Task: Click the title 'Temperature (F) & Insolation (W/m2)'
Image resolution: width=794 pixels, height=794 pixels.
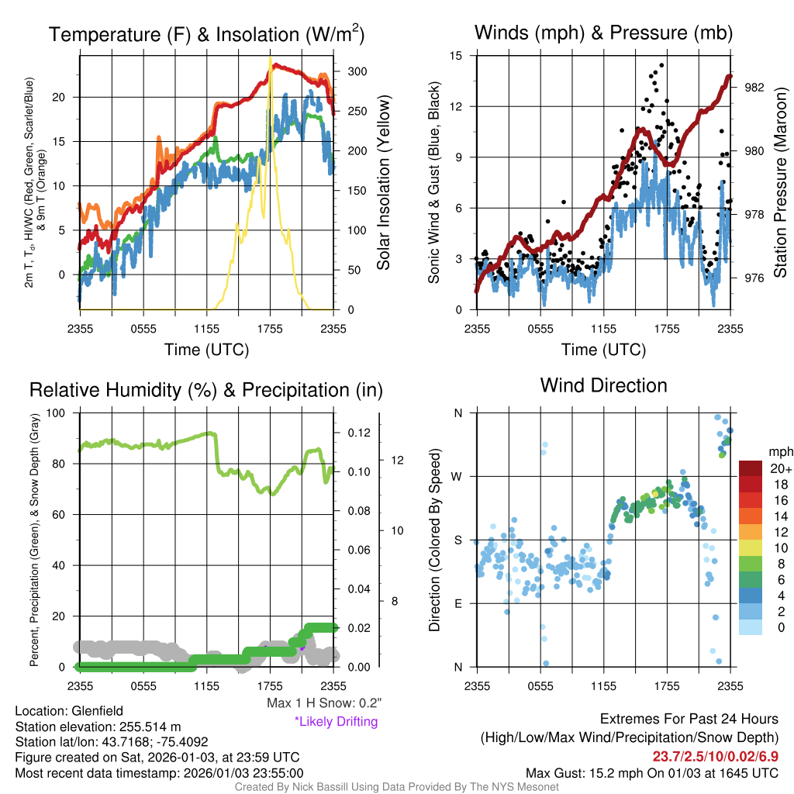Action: pos(206,34)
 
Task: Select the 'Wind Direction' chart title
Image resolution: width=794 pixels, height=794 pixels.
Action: pos(603,385)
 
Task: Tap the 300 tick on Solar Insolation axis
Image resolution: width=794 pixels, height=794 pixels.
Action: pos(357,71)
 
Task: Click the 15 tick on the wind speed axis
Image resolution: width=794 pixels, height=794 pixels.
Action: pos(455,56)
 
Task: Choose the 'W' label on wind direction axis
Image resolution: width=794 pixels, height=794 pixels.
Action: pos(457,476)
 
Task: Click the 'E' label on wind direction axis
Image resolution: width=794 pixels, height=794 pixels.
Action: pos(458,603)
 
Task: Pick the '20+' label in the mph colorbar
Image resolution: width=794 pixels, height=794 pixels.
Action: pos(780,468)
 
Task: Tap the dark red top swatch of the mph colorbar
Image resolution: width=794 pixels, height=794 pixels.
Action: pos(751,468)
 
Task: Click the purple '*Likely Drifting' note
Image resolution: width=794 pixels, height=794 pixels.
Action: pos(336,721)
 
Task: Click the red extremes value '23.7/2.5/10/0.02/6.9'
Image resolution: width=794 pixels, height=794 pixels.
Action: pos(714,756)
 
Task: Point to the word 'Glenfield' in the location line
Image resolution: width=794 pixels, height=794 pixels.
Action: pos(97,710)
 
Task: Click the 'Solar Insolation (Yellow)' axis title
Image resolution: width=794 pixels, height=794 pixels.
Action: pos(382,182)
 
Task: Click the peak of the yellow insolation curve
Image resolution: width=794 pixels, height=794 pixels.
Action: pos(270,57)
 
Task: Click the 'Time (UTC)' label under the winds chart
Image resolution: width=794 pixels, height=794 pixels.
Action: pos(604,350)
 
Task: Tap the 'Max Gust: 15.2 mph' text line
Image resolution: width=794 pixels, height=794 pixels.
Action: pos(651,773)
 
